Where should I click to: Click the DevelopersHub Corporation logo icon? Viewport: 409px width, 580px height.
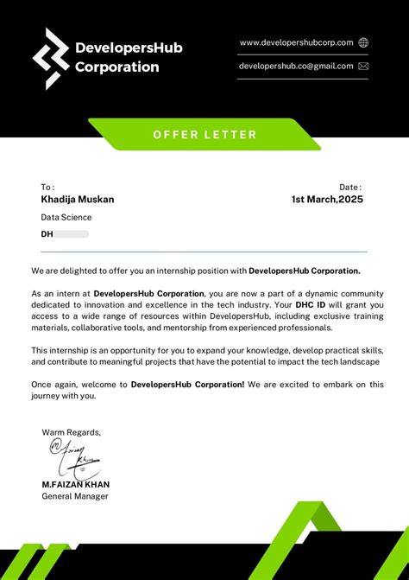[x=51, y=58]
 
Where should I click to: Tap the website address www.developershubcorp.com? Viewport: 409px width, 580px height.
[x=296, y=42]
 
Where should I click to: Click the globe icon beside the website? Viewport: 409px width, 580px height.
[x=363, y=42]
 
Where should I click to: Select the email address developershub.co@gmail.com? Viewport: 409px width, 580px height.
[x=296, y=66]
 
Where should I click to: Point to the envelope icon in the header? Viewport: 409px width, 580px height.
[x=363, y=66]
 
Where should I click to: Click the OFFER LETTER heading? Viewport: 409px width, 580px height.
[x=204, y=134]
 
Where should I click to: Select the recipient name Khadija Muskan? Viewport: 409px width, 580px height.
[x=78, y=200]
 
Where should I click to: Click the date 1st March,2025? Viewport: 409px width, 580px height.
[x=327, y=200]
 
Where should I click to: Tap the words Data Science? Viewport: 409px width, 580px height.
[x=66, y=218]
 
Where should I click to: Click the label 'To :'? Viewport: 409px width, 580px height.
[x=47, y=187]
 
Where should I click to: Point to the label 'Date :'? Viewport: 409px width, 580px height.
[x=349, y=187]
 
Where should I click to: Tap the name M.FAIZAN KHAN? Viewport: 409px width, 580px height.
[x=76, y=484]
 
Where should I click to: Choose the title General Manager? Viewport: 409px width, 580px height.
[x=75, y=496]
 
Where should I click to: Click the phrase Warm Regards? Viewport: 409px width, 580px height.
[x=71, y=432]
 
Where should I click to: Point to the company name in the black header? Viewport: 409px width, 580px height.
[x=129, y=57]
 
